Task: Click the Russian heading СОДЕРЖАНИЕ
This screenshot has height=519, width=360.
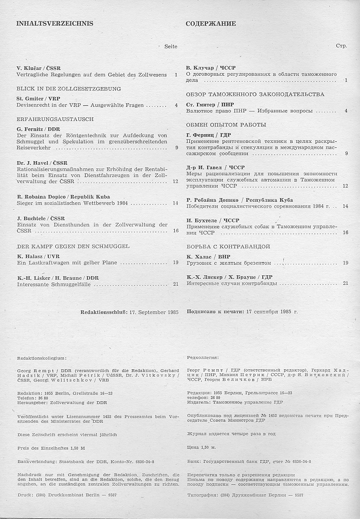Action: point(210,24)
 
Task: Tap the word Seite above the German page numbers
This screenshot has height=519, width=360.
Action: point(171,46)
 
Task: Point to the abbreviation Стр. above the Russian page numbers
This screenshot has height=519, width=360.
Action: point(341,46)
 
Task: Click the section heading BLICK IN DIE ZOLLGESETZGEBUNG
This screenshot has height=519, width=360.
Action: point(68,89)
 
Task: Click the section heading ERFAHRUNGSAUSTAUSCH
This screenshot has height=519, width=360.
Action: point(55,119)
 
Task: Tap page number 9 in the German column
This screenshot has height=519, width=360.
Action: point(176,148)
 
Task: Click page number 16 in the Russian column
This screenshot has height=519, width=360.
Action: point(345,232)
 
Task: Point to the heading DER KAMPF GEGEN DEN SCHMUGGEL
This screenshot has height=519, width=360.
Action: point(73,246)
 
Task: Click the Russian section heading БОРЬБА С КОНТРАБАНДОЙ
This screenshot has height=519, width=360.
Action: point(228,246)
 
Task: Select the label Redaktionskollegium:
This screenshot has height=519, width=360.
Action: point(41,358)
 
